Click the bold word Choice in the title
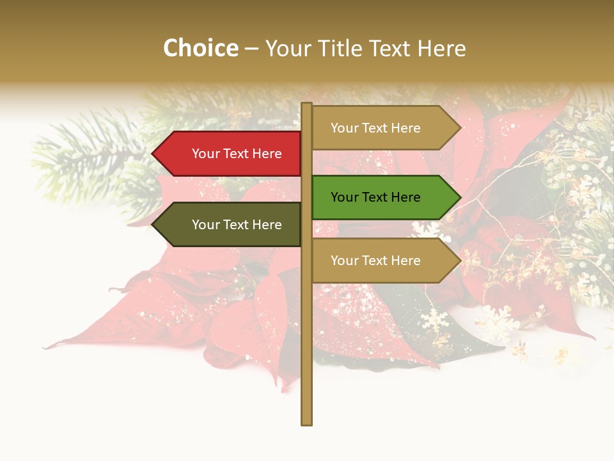click(200, 48)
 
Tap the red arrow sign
click(230, 154)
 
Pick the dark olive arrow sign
click(230, 225)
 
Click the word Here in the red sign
click(266, 154)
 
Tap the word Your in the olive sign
click(205, 225)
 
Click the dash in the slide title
click(251, 49)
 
